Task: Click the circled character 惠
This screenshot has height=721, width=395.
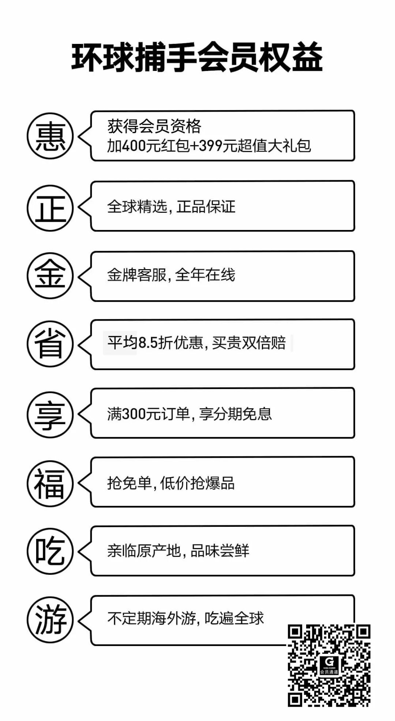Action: [50, 136]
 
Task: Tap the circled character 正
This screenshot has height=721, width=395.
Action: [50, 208]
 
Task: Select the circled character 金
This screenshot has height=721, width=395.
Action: [50, 276]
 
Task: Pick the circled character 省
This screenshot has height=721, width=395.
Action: [50, 344]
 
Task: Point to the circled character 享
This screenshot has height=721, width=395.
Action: [50, 415]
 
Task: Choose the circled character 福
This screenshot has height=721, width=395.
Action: [50, 483]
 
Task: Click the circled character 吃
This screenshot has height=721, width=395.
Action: [50, 551]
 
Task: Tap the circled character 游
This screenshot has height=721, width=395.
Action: [50, 620]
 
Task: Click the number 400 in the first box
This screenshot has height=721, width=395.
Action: [133, 146]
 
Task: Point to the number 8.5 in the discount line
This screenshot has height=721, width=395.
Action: [148, 343]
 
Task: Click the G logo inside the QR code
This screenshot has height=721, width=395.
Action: [329, 662]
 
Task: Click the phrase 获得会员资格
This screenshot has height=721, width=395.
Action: [154, 127]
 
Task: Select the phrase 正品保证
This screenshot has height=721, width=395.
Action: [206, 207]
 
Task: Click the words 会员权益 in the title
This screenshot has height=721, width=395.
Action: [260, 58]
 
